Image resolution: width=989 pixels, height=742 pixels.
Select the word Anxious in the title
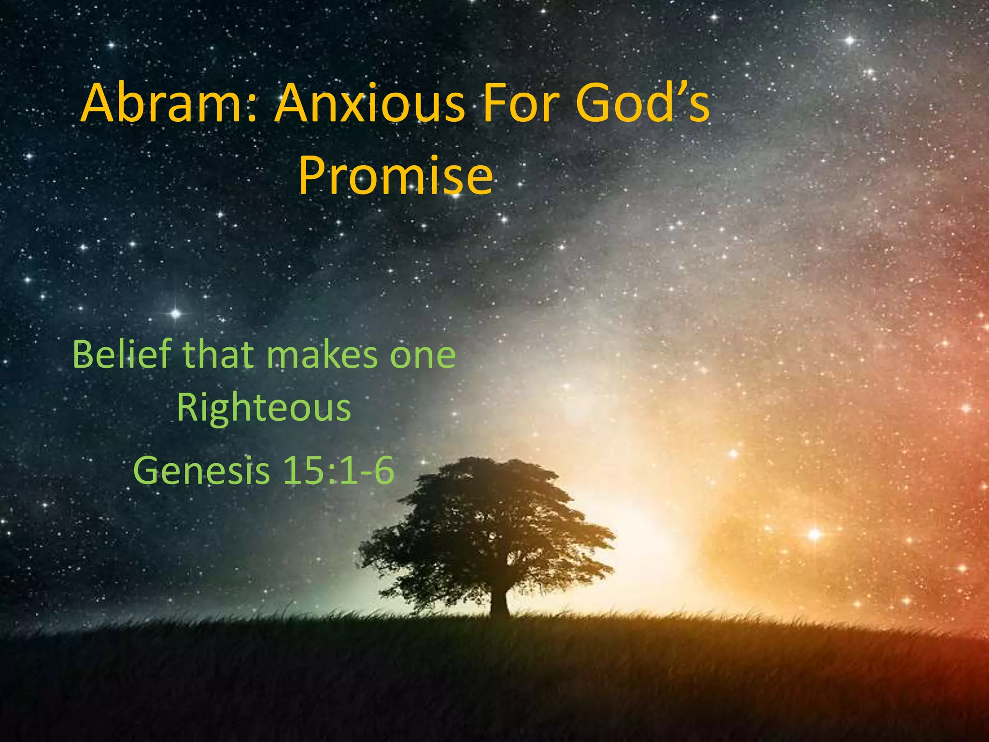(x=369, y=104)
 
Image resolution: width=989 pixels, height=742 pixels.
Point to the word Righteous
(x=264, y=408)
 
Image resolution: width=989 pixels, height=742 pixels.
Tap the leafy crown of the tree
(x=488, y=522)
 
